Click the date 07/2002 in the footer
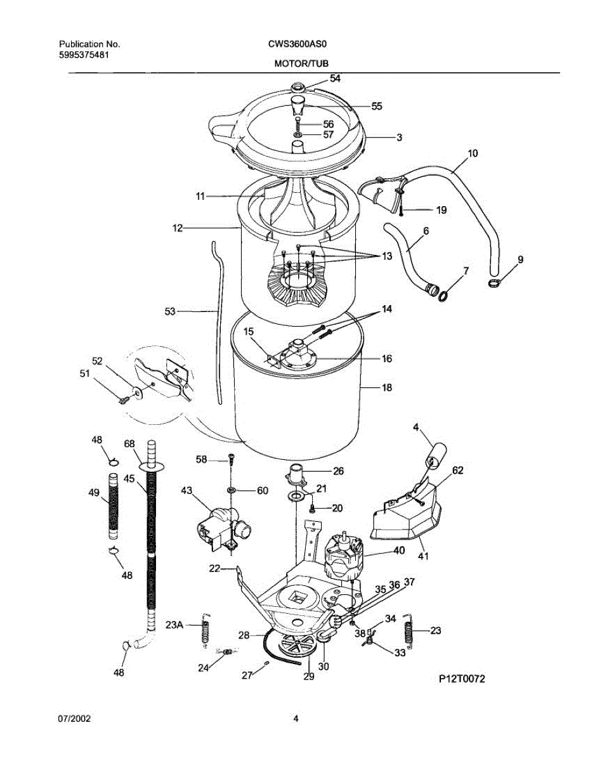(75, 719)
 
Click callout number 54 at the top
(335, 79)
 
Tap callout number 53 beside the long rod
(169, 311)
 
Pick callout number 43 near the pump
(186, 490)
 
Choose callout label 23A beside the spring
(174, 625)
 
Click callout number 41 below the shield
(422, 557)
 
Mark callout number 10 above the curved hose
(473, 153)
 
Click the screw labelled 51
(124, 399)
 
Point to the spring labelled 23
(410, 632)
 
